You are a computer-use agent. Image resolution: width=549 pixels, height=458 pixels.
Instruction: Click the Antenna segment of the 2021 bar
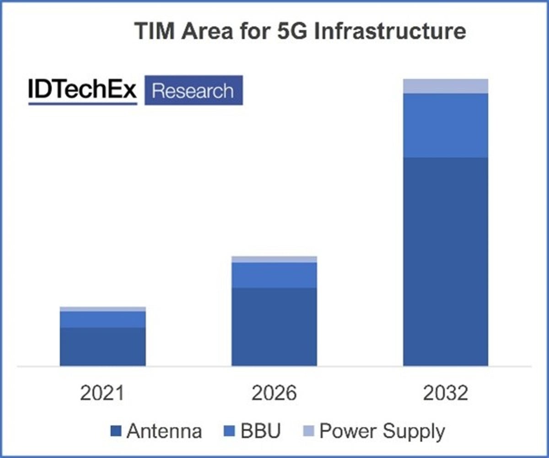coord(103,346)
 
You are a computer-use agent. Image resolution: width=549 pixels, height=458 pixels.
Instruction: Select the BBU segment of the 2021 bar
coord(103,320)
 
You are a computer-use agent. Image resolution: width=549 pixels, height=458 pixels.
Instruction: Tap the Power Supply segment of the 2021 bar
coord(103,309)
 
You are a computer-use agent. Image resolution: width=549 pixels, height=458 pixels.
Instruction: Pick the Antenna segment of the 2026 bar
coord(274,326)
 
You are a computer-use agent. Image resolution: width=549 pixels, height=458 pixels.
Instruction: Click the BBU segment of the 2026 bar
coord(274,275)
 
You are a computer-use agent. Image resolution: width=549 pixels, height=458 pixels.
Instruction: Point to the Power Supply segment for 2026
coord(274,260)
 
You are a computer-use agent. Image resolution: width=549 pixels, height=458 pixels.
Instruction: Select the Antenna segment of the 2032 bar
coord(446,261)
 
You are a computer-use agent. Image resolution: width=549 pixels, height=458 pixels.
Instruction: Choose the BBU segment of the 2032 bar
coord(446,126)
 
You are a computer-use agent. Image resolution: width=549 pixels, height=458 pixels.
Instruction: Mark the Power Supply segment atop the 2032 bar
coord(446,86)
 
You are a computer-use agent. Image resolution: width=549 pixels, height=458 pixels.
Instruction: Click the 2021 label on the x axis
coord(102,393)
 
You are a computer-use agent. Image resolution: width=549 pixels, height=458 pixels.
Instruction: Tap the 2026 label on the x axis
coord(274,393)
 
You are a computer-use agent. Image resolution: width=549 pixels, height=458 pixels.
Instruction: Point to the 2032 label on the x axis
coord(446,393)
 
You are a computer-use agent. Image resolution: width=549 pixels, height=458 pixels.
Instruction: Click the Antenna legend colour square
coord(116,431)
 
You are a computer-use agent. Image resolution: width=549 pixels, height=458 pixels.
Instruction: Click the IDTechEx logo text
coord(83,91)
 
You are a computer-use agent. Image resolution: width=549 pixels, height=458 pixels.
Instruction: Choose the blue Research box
coord(193,91)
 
